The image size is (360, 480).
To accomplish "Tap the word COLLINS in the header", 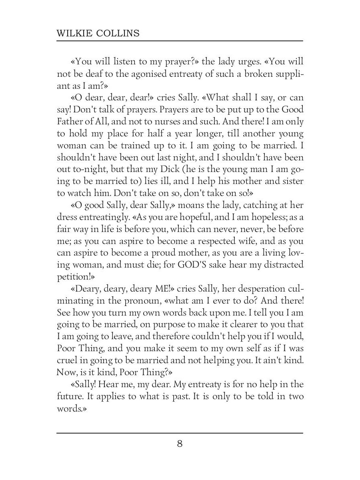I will pos(120,33).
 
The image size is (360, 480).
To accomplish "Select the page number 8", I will pos(180,444).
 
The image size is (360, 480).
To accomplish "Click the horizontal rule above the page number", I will pos(180,433).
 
